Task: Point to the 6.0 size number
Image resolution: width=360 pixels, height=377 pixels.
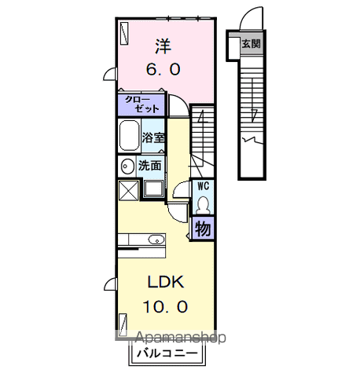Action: pyautogui.click(x=163, y=69)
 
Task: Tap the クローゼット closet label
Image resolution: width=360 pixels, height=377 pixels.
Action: pyautogui.click(x=142, y=105)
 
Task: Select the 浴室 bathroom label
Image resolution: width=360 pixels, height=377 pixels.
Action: pyautogui.click(x=152, y=137)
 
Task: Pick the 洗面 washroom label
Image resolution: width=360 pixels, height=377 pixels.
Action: pyautogui.click(x=150, y=166)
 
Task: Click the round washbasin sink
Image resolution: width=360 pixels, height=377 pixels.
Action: pyautogui.click(x=127, y=167)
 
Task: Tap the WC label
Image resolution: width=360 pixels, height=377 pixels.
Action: pyautogui.click(x=202, y=186)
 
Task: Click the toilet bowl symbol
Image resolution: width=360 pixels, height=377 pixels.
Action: pyautogui.click(x=203, y=203)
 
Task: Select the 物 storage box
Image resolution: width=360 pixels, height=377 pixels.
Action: pyautogui.click(x=202, y=229)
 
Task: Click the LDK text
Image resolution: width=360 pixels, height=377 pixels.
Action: pyautogui.click(x=163, y=281)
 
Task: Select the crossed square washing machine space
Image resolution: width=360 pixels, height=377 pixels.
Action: pyautogui.click(x=127, y=189)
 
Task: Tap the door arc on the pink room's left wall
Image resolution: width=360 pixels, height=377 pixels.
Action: pyautogui.click(x=110, y=75)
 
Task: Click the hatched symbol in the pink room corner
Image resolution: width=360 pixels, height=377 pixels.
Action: pyautogui.click(x=125, y=31)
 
